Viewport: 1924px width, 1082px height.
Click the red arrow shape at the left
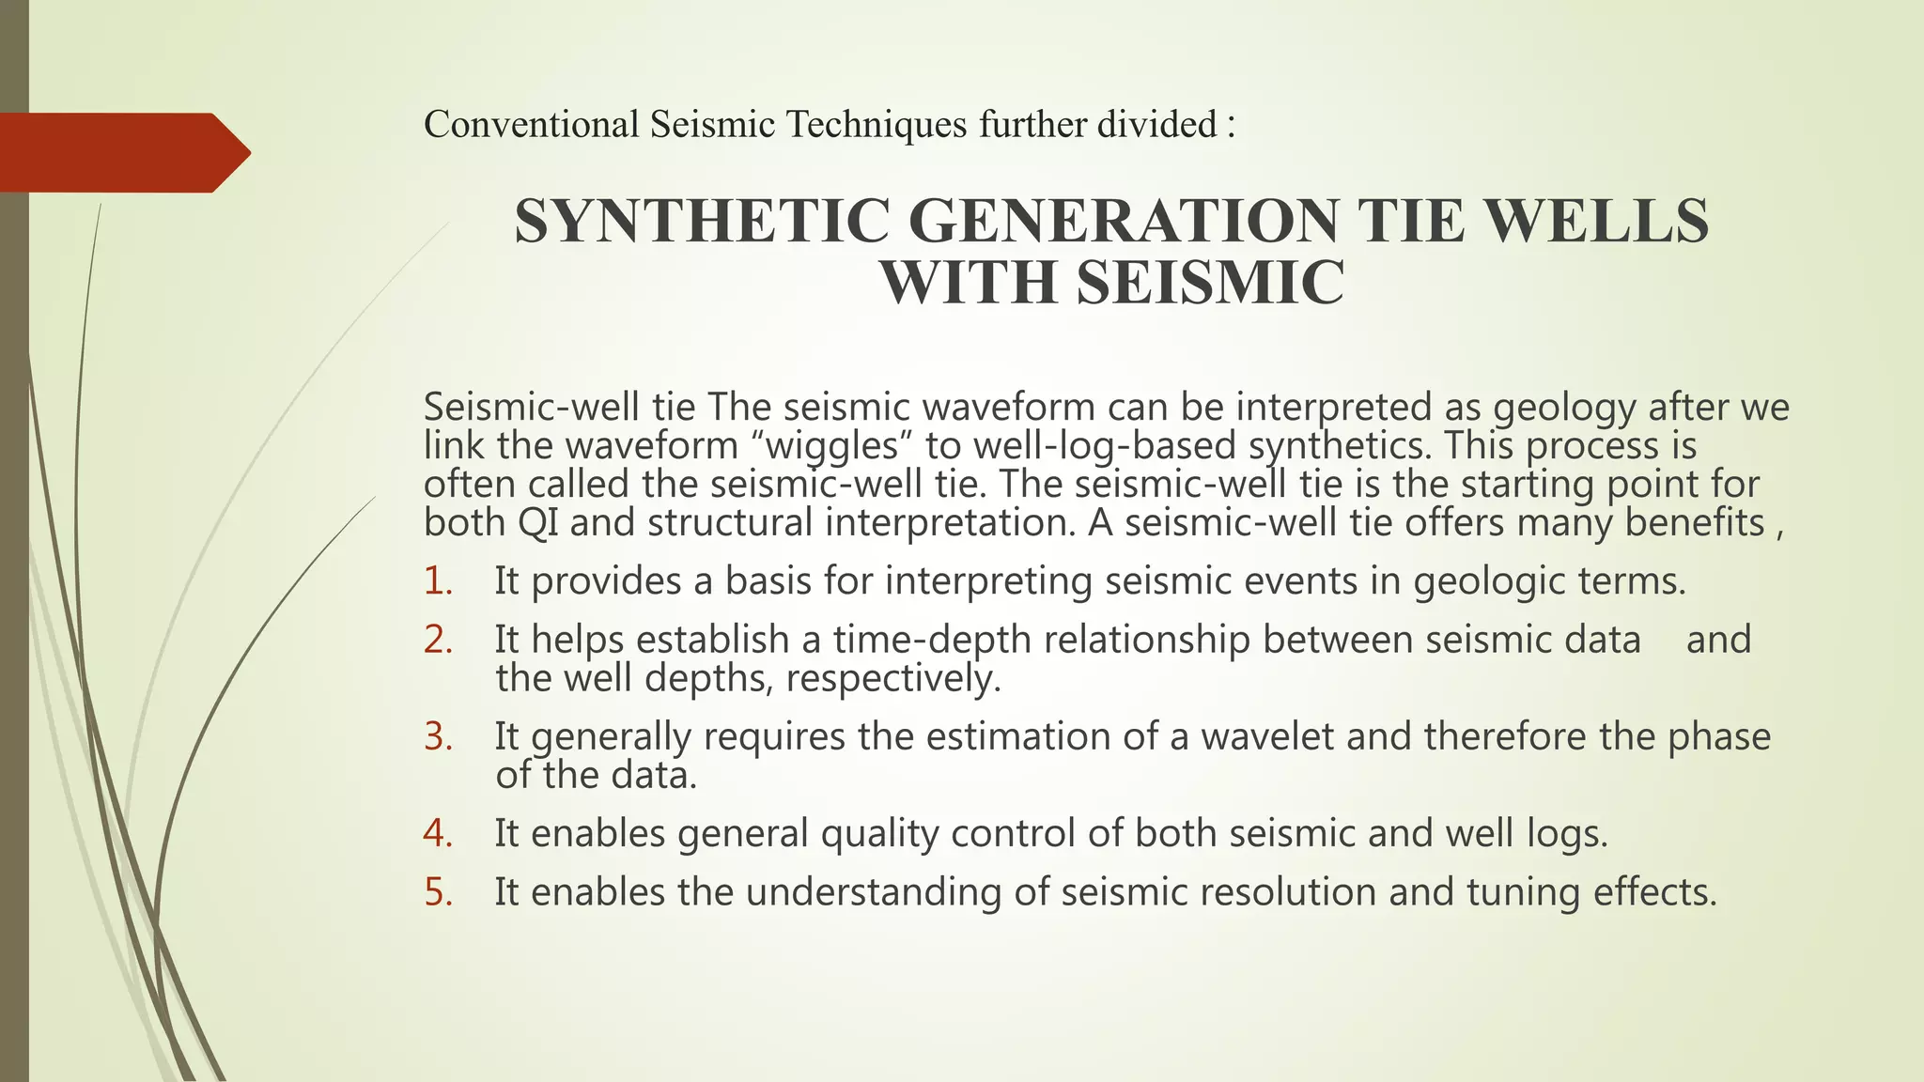point(122,152)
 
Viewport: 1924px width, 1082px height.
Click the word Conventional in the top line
point(531,124)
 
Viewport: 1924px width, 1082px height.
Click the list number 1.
point(438,581)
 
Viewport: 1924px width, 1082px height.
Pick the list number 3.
point(438,736)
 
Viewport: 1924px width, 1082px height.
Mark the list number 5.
point(438,891)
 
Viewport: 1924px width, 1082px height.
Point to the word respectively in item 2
point(892,678)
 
